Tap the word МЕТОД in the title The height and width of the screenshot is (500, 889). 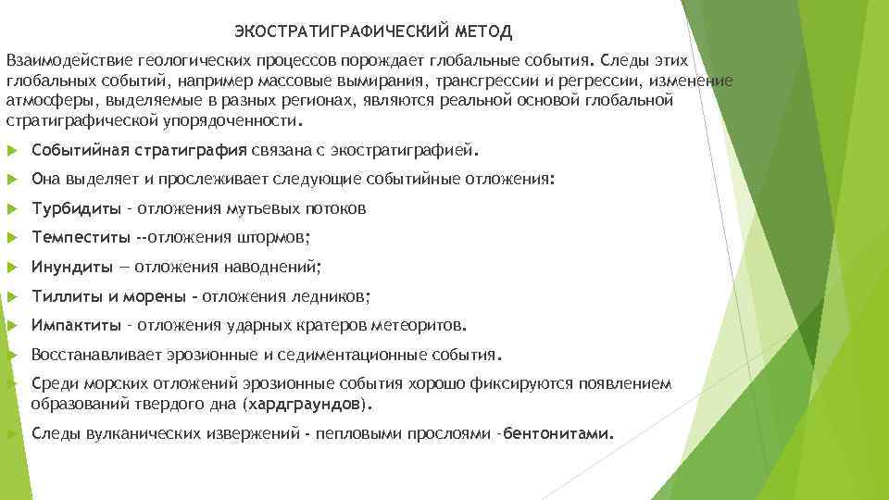pyautogui.click(x=483, y=32)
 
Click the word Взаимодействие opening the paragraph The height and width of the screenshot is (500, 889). pyautogui.click(x=69, y=60)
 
